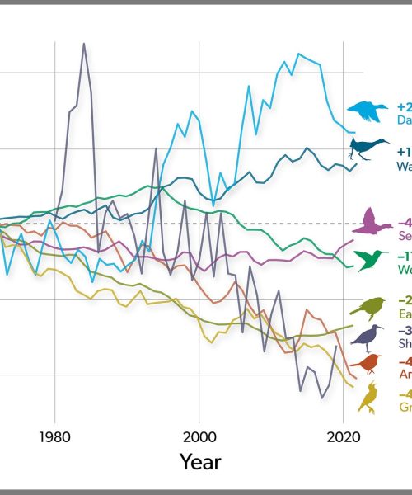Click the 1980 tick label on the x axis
click(x=54, y=436)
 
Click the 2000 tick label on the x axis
click(x=199, y=436)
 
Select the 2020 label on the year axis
click(x=342, y=436)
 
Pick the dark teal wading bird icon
click(x=368, y=148)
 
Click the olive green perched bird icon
click(x=367, y=308)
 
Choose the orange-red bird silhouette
click(x=365, y=364)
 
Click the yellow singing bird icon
click(x=368, y=398)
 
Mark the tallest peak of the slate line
click(x=83, y=44)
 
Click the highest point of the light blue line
click(x=297, y=54)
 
